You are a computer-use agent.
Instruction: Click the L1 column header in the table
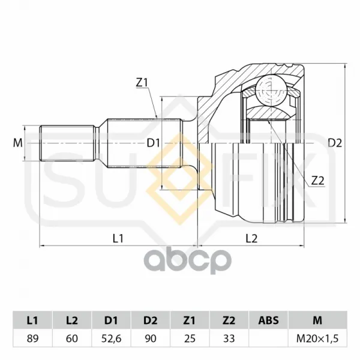click(x=32, y=320)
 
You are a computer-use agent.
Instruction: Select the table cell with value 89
click(x=32, y=338)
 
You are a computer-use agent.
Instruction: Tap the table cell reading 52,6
click(x=111, y=338)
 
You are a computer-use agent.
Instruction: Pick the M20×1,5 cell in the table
click(x=317, y=338)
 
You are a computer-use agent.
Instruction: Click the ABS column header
click(x=268, y=320)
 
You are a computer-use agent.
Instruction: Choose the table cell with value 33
click(x=229, y=338)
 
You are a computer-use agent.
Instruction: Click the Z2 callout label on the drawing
click(x=318, y=181)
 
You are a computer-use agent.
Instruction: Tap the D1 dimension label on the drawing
click(x=153, y=143)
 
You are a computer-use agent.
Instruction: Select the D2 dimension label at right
click(x=335, y=143)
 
